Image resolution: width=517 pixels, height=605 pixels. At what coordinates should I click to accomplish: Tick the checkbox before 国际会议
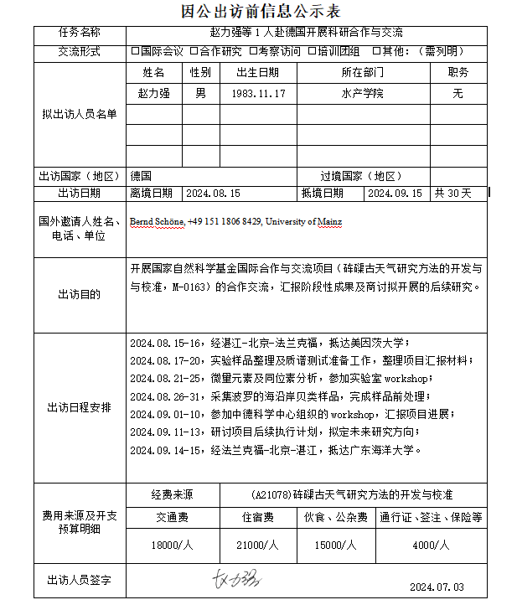click(136, 52)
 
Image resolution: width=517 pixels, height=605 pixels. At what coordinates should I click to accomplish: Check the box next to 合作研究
click(194, 52)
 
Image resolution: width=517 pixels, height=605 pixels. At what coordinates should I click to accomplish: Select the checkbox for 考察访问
click(253, 52)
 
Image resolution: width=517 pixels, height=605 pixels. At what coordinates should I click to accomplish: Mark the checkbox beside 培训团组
click(312, 52)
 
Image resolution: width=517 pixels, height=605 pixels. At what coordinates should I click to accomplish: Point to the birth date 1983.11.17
click(258, 94)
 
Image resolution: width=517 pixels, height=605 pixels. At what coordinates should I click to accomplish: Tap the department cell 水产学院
click(363, 94)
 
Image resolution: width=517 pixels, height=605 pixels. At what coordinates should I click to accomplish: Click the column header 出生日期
click(258, 73)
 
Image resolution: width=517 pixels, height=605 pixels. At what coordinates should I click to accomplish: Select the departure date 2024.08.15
click(213, 193)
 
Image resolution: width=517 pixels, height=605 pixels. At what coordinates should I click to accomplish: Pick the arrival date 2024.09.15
click(396, 193)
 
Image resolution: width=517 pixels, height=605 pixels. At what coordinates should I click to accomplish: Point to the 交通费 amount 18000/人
click(173, 545)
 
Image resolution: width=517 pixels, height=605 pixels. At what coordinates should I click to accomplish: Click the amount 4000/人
click(432, 545)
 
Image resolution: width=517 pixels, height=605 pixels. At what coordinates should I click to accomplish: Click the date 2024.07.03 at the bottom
click(437, 587)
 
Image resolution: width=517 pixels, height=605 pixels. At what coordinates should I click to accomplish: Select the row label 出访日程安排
click(80, 408)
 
